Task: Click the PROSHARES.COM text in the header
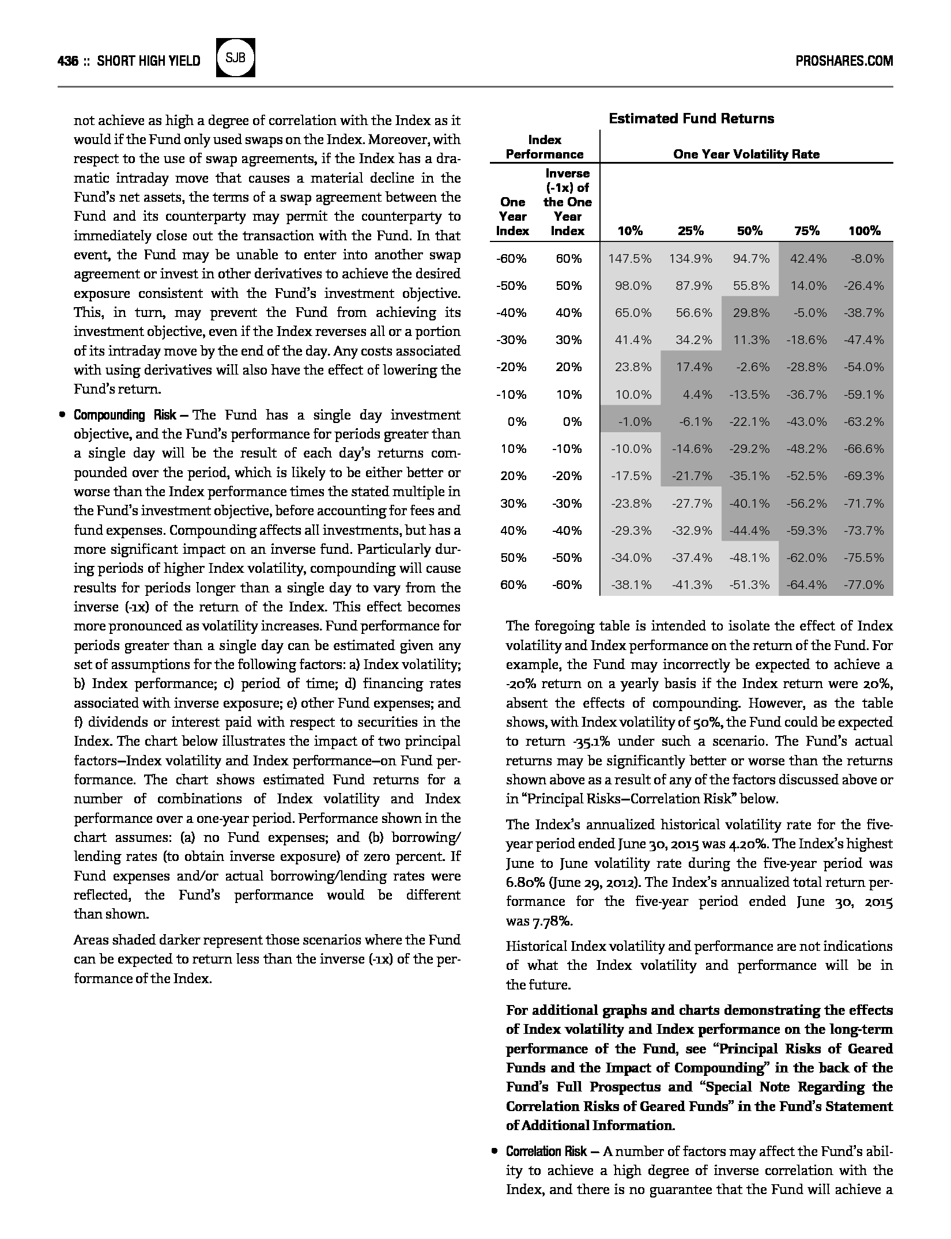point(844,61)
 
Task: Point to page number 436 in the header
point(67,61)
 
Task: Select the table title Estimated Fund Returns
point(691,119)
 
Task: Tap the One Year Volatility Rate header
point(746,154)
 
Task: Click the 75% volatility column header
point(806,231)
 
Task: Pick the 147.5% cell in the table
point(630,259)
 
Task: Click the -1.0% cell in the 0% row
point(635,422)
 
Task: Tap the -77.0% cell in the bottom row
point(864,585)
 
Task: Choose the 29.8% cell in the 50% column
point(751,313)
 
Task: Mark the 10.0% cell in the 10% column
point(633,395)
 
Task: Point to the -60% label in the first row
point(511,259)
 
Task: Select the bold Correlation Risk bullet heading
point(546,1152)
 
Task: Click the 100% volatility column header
point(864,231)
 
